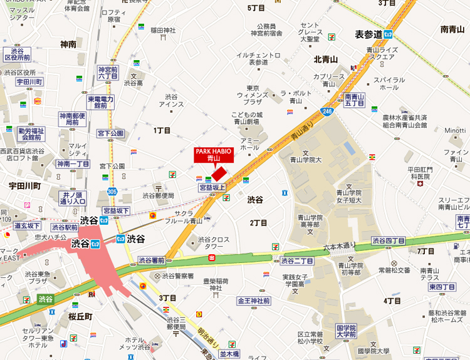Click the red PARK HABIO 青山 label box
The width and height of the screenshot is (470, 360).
pos(214,155)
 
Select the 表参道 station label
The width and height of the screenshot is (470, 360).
pos(370,34)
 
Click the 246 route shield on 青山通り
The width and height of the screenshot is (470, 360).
pos(328,110)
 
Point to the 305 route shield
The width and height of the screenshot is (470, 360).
pos(112,192)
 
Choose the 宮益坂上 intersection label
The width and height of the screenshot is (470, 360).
pos(212,187)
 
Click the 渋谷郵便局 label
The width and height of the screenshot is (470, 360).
pos(158,195)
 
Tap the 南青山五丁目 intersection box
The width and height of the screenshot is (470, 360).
pos(355,100)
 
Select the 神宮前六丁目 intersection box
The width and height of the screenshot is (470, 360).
pos(108,73)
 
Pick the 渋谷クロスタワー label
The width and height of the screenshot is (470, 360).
pos(214,243)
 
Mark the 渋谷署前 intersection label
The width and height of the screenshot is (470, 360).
pos(152,260)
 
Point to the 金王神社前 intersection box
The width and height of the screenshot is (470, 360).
pos(253,301)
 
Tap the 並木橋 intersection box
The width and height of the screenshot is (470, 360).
pos(229,355)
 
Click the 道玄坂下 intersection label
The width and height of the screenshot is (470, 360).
pos(27,226)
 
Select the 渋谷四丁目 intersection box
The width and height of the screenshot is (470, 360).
pos(388,240)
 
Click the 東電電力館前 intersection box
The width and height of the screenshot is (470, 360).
pos(100,103)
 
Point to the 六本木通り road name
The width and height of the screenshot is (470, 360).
pos(339,246)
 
